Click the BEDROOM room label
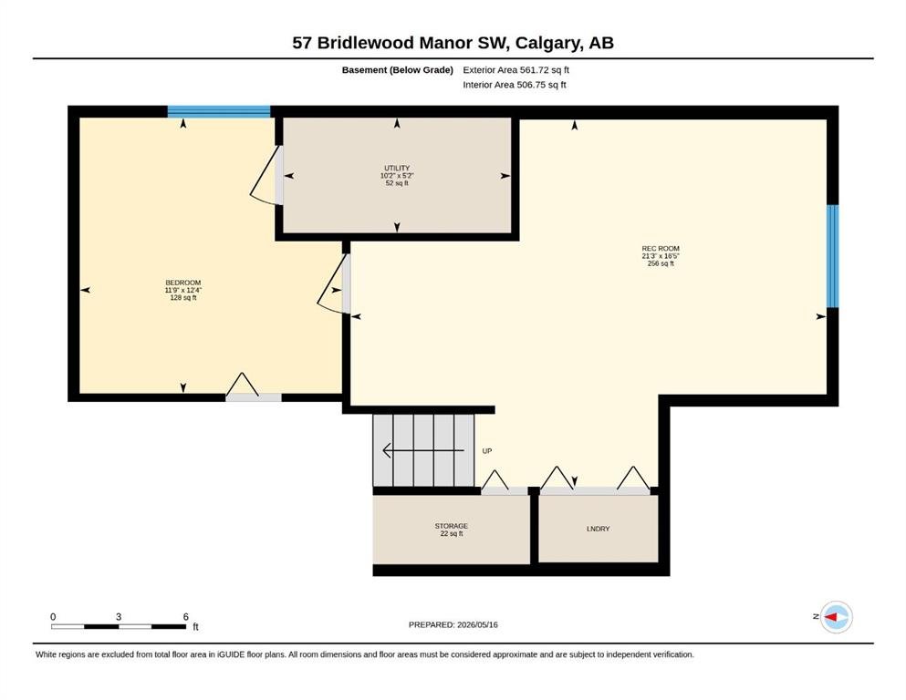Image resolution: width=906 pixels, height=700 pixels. tap(183, 283)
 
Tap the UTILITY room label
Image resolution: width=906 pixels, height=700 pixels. tap(397, 168)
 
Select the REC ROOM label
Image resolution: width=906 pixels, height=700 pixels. tap(661, 249)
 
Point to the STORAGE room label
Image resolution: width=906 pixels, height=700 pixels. tap(452, 526)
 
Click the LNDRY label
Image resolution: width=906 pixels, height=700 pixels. tap(598, 529)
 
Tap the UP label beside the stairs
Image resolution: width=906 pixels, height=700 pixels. tap(487, 450)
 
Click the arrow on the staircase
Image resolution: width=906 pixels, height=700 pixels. tap(423, 450)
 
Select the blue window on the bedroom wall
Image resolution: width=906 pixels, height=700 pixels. tap(219, 111)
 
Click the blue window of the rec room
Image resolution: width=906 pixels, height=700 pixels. tap(833, 256)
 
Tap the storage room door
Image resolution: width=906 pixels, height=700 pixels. tap(504, 482)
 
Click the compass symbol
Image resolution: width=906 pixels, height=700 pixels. tap(836, 617)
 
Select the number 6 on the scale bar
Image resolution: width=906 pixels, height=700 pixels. tap(185, 616)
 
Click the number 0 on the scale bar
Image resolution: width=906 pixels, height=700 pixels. tap(53, 616)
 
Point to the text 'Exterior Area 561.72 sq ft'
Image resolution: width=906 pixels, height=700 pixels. tap(516, 70)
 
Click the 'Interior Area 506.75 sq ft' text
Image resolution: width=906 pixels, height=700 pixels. tap(515, 85)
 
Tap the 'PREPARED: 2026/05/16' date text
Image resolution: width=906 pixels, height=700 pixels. tap(453, 624)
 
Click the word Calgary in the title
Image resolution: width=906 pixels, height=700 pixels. tap(548, 43)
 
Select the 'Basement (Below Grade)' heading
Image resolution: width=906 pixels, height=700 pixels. tap(398, 70)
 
